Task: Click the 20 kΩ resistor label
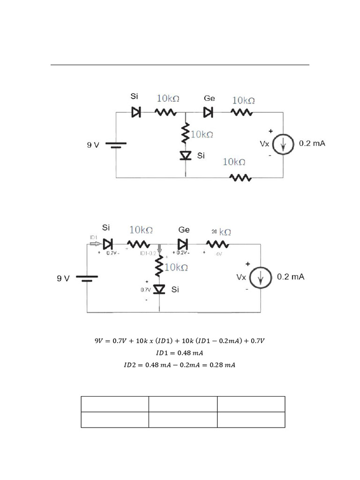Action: tap(221, 232)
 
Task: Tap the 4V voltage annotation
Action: tap(218, 254)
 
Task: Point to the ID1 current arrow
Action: tap(94, 244)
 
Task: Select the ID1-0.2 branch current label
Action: tap(148, 253)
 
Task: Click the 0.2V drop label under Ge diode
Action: tap(182, 253)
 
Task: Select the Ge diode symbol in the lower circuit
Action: tap(183, 244)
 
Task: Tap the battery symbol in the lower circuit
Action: tap(87, 278)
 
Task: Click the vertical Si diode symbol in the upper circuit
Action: tap(186, 155)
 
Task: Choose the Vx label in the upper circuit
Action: tap(265, 144)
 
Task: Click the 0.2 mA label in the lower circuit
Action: tap(291, 277)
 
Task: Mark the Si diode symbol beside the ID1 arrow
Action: tap(108, 244)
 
